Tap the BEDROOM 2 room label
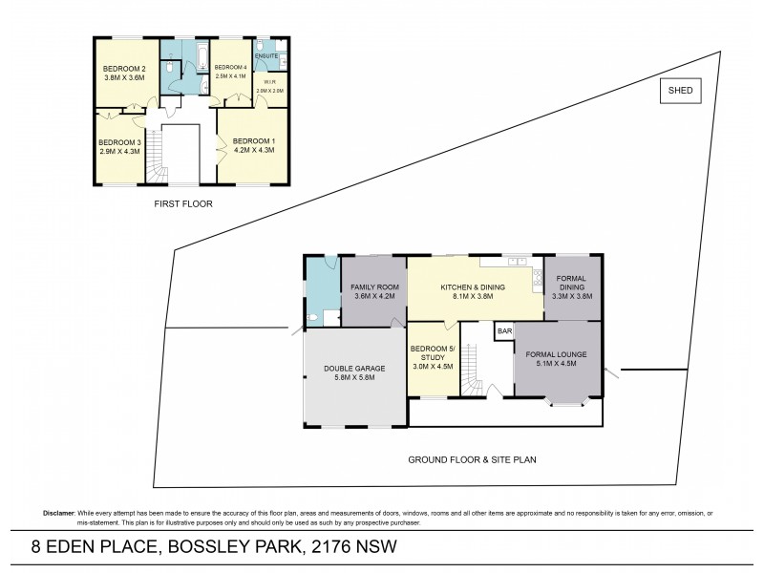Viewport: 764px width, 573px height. click(124, 69)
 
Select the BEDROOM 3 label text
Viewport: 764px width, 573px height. click(119, 144)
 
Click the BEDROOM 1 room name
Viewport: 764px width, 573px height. click(253, 144)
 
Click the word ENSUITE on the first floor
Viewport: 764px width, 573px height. click(266, 56)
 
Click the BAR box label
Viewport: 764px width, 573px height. click(504, 330)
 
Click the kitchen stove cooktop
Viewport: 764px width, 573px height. click(538, 280)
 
